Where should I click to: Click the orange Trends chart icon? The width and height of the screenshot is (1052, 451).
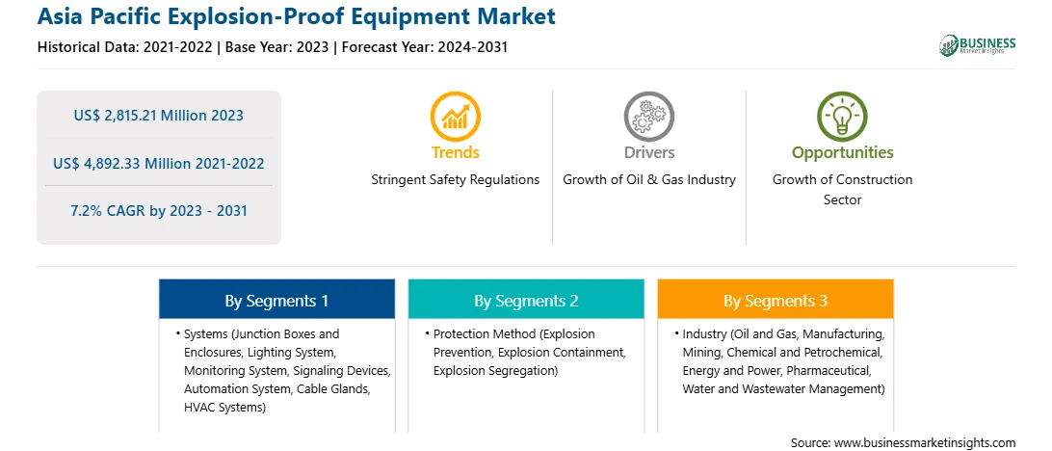(456, 116)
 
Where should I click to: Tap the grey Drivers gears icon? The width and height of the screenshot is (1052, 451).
(648, 116)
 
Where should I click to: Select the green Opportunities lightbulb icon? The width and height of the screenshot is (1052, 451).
(842, 116)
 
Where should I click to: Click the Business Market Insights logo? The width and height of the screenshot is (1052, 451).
(978, 45)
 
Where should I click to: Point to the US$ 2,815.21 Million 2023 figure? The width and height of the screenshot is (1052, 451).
(158, 116)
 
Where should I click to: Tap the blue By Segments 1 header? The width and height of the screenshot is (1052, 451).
(276, 299)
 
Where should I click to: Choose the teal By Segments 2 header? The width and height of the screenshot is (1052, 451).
(526, 299)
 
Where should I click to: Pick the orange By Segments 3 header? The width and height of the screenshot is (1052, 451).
(776, 299)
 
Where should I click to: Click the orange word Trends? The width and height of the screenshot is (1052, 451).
(456, 152)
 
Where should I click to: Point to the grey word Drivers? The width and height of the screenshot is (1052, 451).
(648, 152)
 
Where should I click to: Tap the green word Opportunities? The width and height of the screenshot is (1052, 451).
(843, 152)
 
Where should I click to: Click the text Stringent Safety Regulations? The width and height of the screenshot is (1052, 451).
(456, 180)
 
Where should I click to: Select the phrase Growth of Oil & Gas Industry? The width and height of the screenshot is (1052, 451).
(648, 180)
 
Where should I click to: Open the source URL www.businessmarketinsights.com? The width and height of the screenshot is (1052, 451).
(925, 443)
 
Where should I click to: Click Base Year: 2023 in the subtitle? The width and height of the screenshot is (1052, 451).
(277, 47)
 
